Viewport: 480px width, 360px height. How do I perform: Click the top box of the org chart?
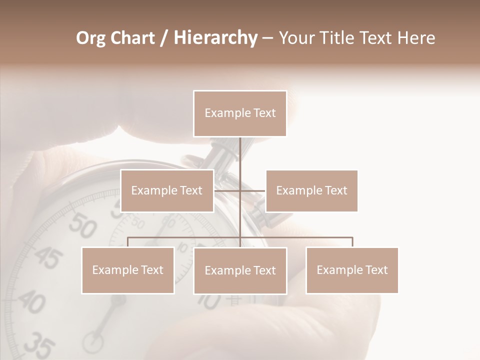[x=240, y=113]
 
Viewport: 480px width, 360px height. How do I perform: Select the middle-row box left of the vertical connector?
[x=167, y=190]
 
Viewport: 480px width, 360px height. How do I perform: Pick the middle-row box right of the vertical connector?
[x=311, y=190]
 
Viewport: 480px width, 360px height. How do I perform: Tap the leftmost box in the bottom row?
[x=128, y=270]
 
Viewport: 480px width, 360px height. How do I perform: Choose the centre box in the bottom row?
[x=240, y=270]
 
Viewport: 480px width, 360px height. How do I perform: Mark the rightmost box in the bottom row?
[x=352, y=270]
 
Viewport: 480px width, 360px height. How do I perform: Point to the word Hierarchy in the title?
[x=215, y=38]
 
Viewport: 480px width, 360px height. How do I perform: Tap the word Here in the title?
[x=416, y=38]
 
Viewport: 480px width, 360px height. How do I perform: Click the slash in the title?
[x=163, y=38]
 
